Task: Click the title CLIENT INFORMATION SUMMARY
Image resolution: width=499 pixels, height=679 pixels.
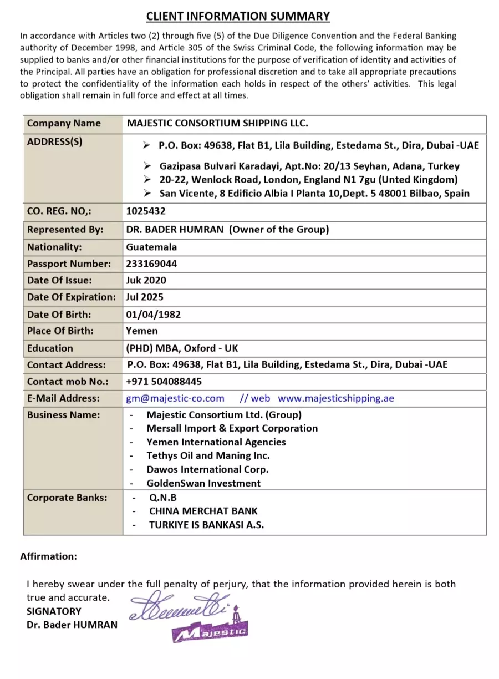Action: click(x=238, y=16)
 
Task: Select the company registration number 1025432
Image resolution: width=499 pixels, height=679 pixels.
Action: click(x=146, y=211)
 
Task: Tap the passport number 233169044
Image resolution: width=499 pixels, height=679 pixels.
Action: click(x=151, y=264)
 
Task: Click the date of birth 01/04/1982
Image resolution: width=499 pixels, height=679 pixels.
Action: click(x=153, y=315)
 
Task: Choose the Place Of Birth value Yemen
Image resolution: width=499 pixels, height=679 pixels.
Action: click(x=142, y=331)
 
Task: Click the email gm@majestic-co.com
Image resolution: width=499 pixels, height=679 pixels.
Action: click(x=175, y=398)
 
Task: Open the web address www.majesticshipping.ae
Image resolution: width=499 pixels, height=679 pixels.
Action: click(x=336, y=398)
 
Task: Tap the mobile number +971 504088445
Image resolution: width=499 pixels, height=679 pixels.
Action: click(x=164, y=381)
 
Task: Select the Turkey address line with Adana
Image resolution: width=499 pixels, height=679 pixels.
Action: click(x=309, y=166)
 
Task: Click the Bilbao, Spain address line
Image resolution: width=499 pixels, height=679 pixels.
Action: click(x=314, y=194)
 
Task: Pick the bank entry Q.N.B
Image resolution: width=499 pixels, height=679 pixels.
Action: click(x=163, y=498)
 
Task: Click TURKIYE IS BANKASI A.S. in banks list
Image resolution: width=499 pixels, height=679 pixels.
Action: click(x=206, y=525)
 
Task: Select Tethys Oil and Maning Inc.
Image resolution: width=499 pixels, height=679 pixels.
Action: click(x=208, y=455)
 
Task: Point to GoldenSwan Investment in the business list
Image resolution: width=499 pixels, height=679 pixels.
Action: click(x=203, y=483)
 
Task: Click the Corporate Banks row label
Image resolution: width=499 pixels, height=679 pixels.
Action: click(x=67, y=498)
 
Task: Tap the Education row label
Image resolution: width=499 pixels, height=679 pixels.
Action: click(x=50, y=348)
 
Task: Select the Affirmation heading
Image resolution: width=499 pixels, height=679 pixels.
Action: click(x=49, y=556)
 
